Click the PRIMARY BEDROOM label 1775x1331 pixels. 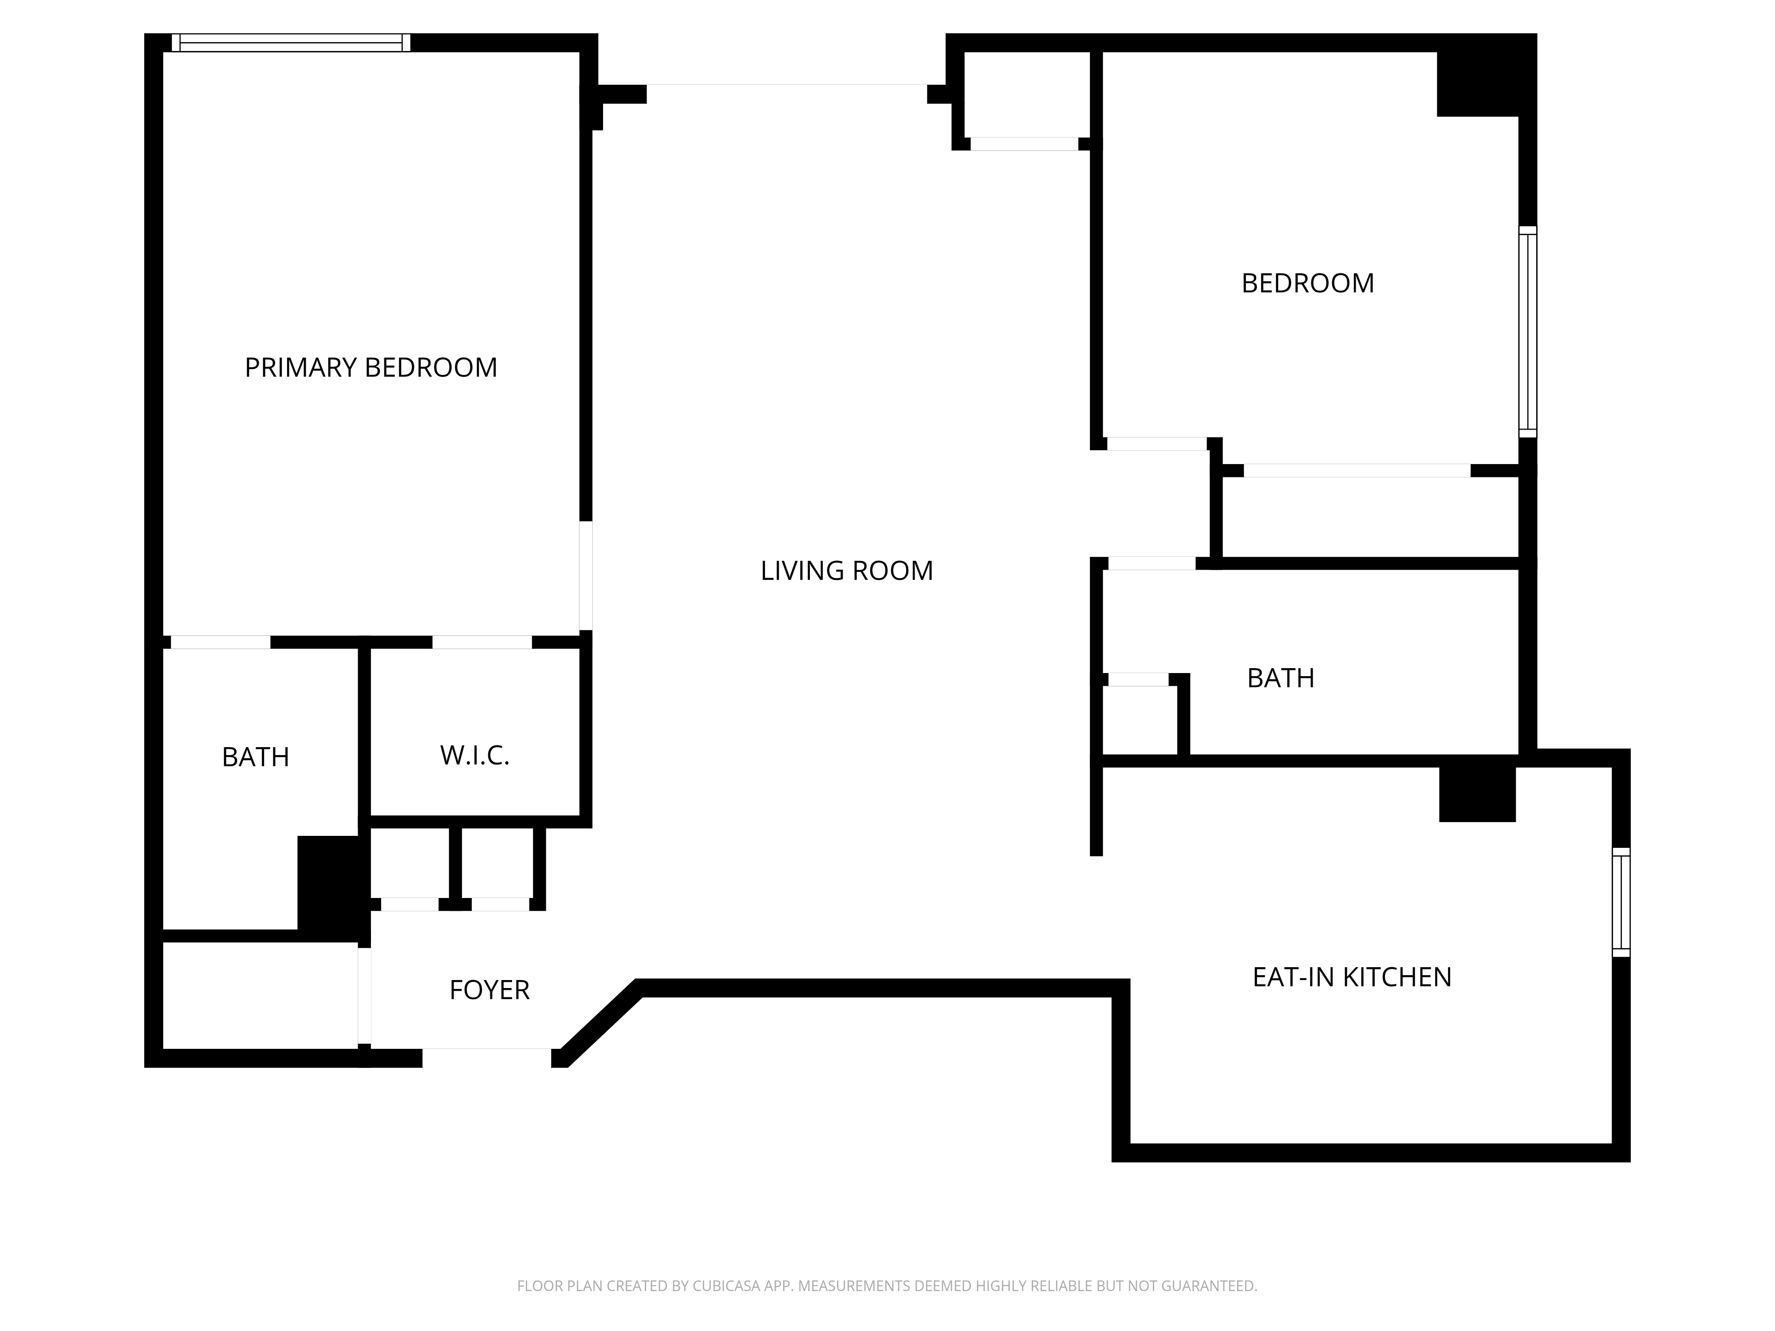tap(371, 367)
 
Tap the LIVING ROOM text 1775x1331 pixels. tap(847, 571)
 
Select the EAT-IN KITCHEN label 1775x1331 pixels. tap(1352, 977)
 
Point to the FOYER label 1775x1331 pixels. tap(489, 990)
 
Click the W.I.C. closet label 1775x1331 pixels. tap(475, 755)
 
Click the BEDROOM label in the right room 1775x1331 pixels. tap(1308, 283)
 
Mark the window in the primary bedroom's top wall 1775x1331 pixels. tap(291, 43)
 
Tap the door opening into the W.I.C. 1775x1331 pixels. tap(482, 642)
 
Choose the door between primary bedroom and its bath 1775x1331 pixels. tap(221, 642)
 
